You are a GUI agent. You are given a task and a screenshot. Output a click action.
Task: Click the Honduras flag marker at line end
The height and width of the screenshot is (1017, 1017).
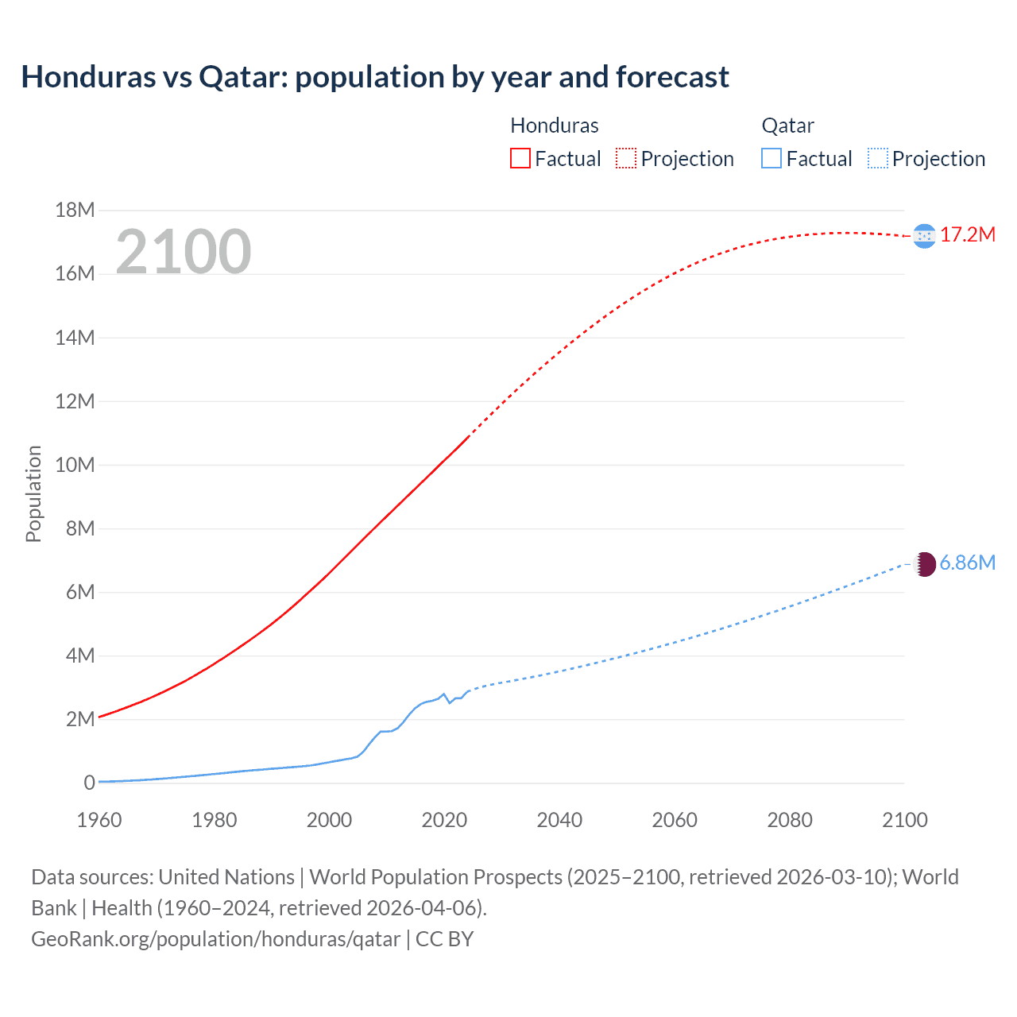924,236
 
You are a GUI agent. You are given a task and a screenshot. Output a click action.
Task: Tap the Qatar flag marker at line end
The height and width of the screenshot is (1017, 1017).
924,564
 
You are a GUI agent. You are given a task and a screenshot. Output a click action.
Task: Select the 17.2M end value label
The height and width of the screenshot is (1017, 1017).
968,234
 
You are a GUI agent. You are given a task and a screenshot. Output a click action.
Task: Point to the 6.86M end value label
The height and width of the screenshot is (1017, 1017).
967,563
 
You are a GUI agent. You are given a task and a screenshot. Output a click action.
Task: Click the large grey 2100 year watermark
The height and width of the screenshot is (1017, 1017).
184,252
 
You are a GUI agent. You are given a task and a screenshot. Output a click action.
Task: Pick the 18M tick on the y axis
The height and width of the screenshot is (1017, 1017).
75,211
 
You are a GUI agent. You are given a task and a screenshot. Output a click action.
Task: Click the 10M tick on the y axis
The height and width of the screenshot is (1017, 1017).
75,465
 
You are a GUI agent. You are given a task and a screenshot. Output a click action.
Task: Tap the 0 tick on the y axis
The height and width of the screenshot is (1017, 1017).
89,783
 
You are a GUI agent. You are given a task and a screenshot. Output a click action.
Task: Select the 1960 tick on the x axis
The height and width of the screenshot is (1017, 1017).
99,820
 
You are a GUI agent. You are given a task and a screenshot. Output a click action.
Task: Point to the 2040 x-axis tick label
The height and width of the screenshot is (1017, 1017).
559,820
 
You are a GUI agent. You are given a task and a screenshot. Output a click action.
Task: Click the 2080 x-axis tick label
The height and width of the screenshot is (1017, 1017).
790,820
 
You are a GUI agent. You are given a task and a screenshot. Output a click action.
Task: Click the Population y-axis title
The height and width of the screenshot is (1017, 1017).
33,493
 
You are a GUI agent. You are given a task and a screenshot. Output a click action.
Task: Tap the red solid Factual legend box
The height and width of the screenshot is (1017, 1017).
520,158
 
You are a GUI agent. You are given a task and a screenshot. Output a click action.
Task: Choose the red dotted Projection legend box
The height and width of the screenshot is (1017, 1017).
626,158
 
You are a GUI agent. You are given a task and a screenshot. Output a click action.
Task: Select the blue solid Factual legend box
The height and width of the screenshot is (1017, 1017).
771,158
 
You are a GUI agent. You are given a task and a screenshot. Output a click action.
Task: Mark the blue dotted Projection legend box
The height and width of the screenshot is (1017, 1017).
878,158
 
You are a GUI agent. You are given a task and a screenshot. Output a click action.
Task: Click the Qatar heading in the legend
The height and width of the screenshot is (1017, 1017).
787,126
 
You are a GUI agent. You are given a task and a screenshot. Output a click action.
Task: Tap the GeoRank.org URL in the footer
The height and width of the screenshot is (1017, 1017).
215,938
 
